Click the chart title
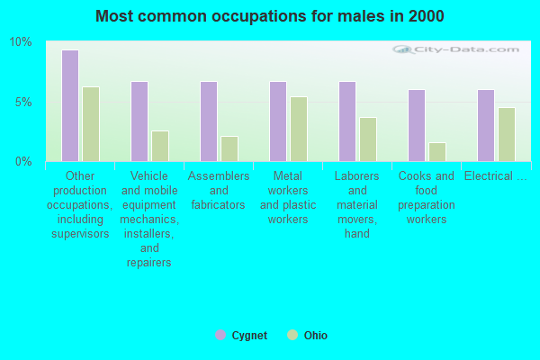click(269, 16)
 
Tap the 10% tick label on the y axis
click(21, 42)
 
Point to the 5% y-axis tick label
click(23, 102)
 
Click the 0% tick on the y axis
click(23, 161)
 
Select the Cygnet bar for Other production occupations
click(70, 105)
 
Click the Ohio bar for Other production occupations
click(91, 124)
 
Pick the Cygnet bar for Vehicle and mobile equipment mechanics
click(139, 121)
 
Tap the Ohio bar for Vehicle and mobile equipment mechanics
click(160, 146)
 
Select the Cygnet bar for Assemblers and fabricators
click(209, 121)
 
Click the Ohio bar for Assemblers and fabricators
click(229, 148)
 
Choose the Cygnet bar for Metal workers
click(278, 121)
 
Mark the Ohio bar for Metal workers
click(299, 129)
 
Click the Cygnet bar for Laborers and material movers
click(347, 121)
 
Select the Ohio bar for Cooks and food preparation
click(437, 152)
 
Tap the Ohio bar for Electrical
click(507, 134)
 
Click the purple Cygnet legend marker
click(220, 335)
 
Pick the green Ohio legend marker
click(292, 335)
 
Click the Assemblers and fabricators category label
click(219, 190)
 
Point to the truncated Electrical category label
click(496, 175)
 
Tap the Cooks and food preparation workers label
click(427, 197)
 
